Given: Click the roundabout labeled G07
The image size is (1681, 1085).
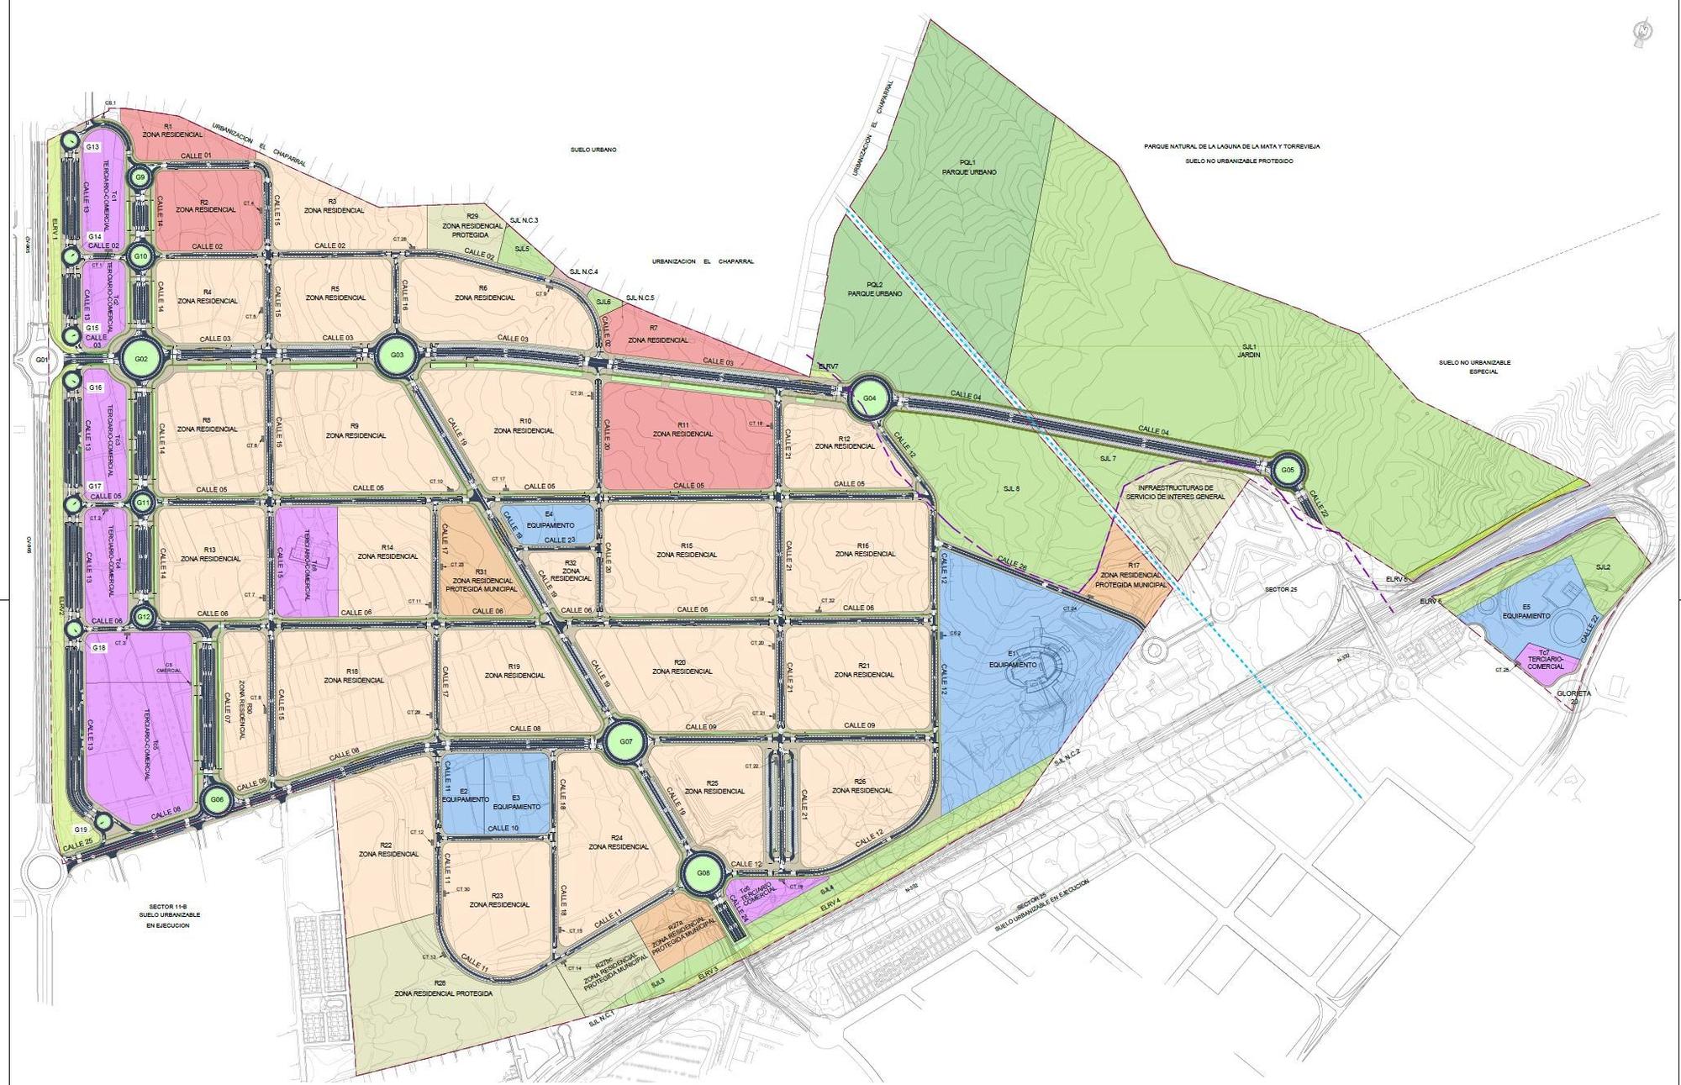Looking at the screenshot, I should tap(625, 742).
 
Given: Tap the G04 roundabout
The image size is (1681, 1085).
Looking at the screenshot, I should tap(869, 398).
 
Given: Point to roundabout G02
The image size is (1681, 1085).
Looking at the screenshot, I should tap(141, 360).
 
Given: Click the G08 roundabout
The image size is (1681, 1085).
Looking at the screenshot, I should tap(703, 873).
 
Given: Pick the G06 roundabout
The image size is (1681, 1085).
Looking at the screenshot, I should tap(217, 799).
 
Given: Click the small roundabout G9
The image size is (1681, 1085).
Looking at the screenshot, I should tap(140, 177).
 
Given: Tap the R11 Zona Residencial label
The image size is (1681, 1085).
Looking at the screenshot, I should tap(682, 429).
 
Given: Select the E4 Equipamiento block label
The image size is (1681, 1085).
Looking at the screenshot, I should tap(548, 519).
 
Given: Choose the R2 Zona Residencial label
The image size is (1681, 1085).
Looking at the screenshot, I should tap(204, 205).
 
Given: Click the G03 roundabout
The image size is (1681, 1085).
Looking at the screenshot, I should tap(397, 356).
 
